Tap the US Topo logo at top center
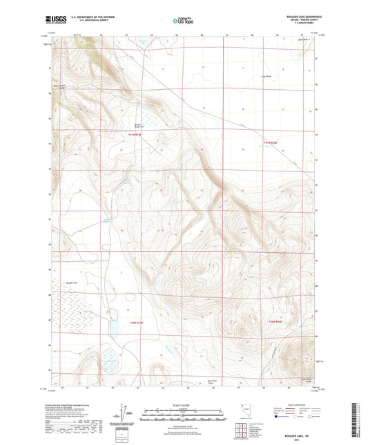click(183, 21)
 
